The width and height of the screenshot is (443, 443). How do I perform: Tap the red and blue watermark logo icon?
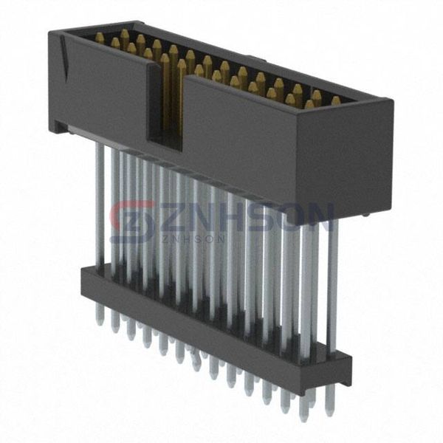click(x=133, y=221)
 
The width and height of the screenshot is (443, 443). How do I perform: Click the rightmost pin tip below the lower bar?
click(x=329, y=402)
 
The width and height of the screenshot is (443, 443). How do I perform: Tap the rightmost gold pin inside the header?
click(x=335, y=100)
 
